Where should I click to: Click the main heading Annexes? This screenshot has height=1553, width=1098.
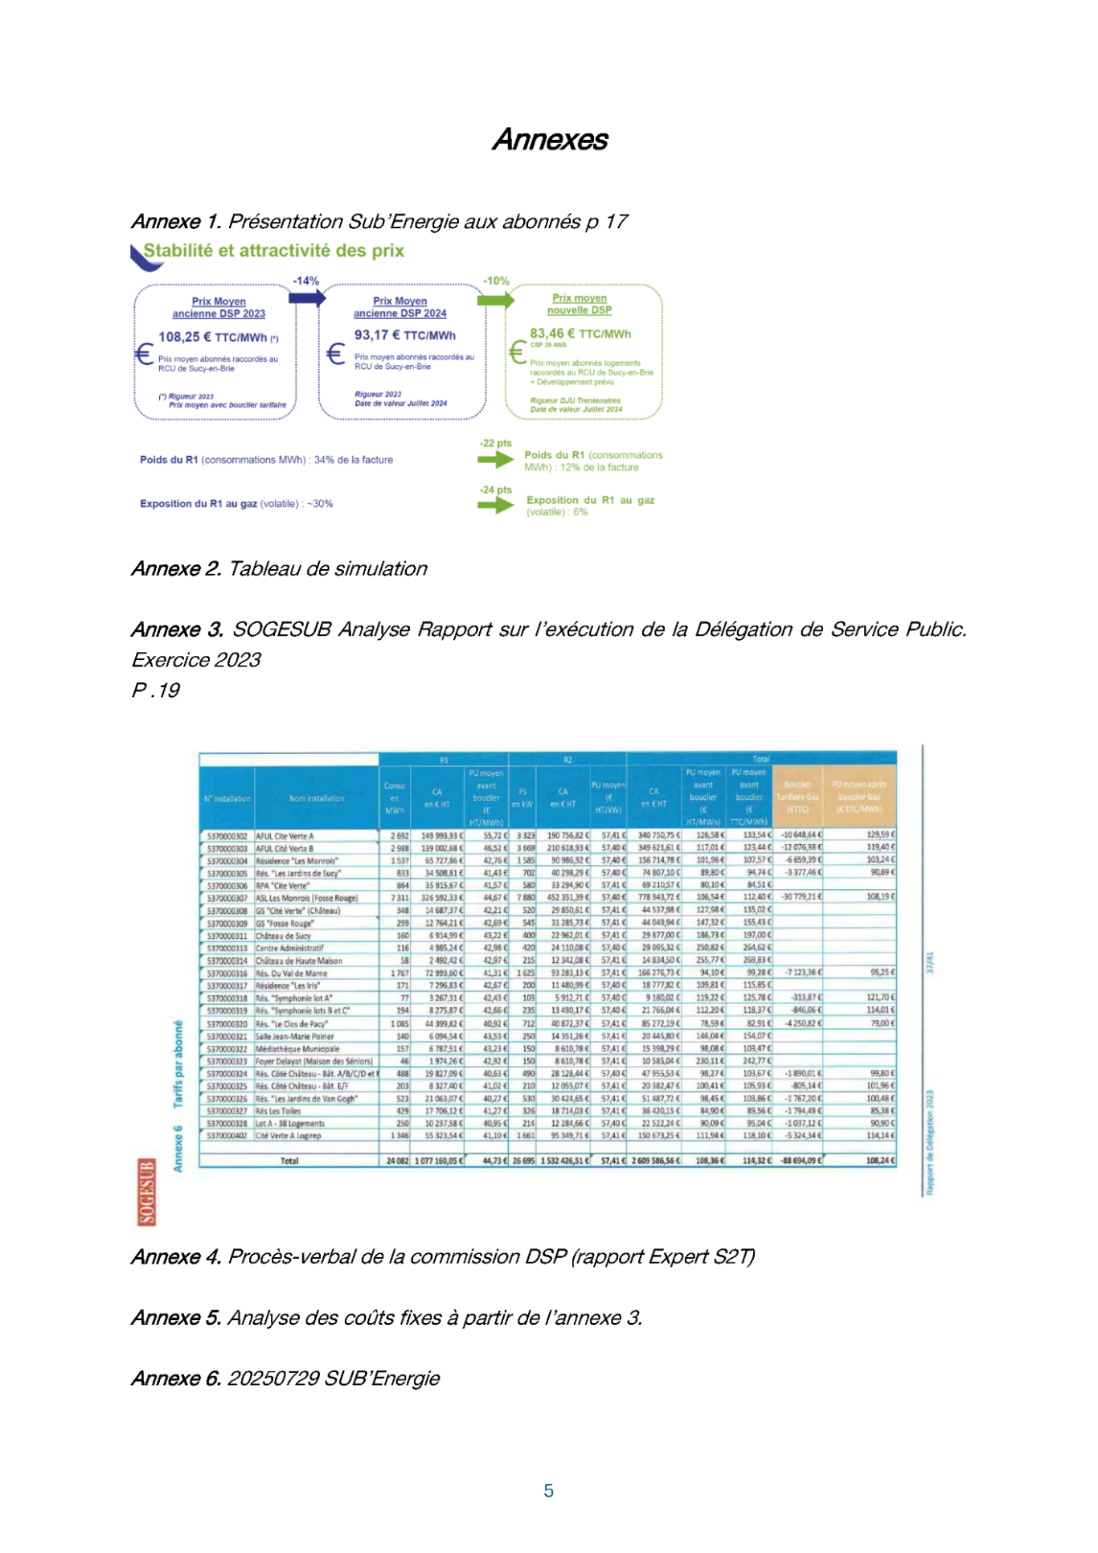[550, 140]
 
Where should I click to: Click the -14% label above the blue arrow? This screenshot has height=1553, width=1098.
[305, 281]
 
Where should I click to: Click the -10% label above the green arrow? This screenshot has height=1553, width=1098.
[496, 281]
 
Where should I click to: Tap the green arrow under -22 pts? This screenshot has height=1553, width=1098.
[495, 460]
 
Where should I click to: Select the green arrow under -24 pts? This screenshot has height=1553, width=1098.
[495, 506]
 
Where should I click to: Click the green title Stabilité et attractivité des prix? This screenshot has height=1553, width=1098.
[273, 251]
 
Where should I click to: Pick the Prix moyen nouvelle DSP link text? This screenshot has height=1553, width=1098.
[580, 304]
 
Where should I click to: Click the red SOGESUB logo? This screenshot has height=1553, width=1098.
[146, 1191]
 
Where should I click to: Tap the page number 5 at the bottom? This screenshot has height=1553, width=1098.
[548, 1491]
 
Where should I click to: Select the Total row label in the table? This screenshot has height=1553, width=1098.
[289, 1161]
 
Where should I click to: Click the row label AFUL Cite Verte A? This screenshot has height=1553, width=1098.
[285, 836]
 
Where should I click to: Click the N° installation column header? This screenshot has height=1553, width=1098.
[227, 799]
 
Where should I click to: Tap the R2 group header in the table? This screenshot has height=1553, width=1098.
[567, 760]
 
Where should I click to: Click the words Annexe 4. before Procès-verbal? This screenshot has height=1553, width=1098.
[176, 1257]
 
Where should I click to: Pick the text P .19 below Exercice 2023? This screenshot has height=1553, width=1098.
[156, 690]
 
